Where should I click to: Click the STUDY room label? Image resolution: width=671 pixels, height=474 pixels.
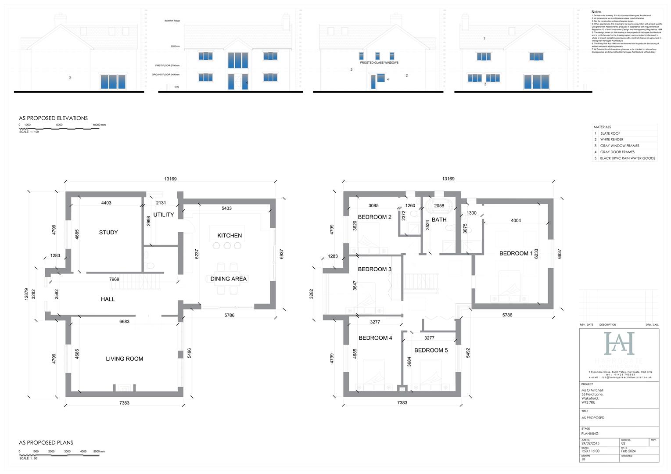point(108,233)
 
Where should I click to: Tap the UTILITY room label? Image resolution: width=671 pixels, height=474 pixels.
point(164,215)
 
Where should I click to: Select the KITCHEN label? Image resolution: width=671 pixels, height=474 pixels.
point(230,236)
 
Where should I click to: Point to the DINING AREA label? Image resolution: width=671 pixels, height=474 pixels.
point(228,279)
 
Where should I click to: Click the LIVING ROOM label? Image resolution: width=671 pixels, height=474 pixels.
point(125,359)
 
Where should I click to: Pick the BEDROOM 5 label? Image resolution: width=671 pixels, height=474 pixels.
point(431,350)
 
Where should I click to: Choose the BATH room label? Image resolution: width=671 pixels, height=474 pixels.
point(439,220)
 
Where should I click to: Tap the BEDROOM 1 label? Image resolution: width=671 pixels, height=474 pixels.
point(516,254)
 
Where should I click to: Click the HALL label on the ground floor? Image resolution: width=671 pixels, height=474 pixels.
point(108,299)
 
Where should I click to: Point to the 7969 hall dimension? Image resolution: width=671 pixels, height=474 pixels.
point(114,279)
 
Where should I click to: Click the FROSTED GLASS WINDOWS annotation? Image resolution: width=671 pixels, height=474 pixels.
point(379,63)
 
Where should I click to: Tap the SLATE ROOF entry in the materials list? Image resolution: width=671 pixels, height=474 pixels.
point(610,133)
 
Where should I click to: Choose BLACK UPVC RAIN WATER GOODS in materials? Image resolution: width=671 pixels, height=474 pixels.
point(628,158)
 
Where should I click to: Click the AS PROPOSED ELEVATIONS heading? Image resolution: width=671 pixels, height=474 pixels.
point(53,118)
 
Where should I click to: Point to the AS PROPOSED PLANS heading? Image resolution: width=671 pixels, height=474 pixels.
point(46,442)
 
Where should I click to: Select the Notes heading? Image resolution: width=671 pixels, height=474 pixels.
point(596,12)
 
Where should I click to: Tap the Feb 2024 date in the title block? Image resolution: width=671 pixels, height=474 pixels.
point(628,451)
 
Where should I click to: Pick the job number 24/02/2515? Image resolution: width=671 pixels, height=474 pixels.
point(590,443)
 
